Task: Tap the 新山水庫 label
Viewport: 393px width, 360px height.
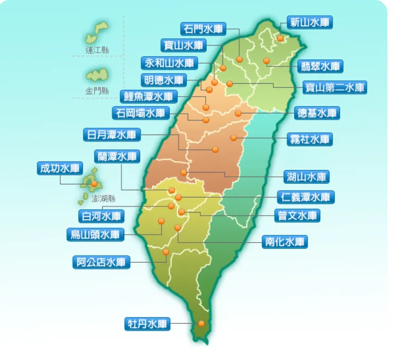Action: [310, 22]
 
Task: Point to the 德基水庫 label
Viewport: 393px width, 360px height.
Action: [317, 113]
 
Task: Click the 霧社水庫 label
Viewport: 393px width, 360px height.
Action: [311, 139]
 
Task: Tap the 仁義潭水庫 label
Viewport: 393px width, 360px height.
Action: [305, 197]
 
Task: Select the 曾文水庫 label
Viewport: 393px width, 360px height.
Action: [298, 216]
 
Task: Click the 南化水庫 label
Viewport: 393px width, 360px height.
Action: [285, 242]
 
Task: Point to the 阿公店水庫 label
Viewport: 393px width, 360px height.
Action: [101, 262]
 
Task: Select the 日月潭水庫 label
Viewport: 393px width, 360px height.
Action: [112, 134]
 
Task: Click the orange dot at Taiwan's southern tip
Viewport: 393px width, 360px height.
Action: [201, 323]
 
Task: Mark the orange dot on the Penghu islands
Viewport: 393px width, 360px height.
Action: [95, 184]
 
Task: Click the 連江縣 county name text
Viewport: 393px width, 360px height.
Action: [97, 50]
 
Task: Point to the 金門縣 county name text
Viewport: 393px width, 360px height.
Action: [97, 91]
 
